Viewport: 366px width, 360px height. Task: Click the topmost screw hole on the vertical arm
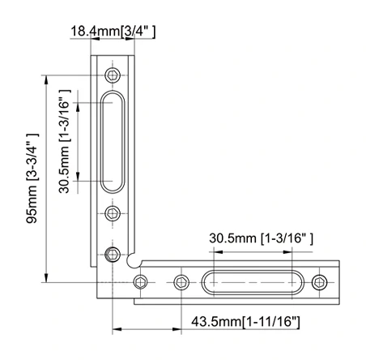coord(113,75)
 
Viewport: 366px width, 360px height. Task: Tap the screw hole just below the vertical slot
coord(113,213)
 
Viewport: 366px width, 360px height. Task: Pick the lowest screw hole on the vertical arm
coord(113,255)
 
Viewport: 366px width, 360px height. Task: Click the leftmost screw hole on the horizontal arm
coord(142,281)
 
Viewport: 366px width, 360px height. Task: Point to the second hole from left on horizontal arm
coord(181,281)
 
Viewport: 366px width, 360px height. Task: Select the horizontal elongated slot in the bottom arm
coord(251,281)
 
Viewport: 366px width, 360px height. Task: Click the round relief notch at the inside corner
coord(135,261)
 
